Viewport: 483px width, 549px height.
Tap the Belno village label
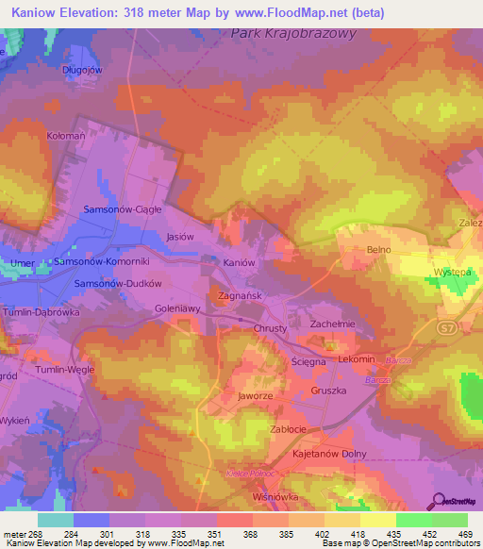click(378, 250)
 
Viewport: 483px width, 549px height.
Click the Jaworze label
click(256, 397)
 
